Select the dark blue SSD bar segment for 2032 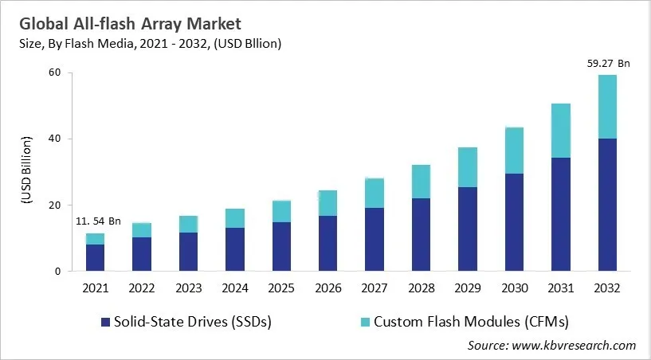coord(609,205)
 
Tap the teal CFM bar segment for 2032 coord(609,107)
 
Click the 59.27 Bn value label coord(609,63)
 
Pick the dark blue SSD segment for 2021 coord(95,257)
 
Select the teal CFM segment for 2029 coord(468,167)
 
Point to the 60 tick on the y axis coord(55,72)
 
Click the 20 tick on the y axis coord(55,205)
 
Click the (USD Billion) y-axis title coord(25,171)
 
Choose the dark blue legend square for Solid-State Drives coord(104,322)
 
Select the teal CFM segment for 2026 coord(327,203)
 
